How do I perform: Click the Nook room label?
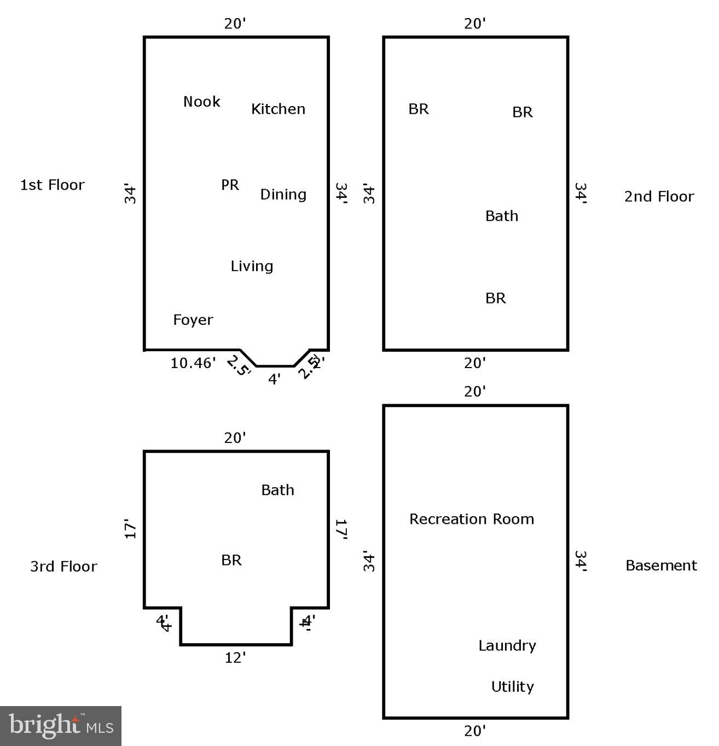(x=202, y=102)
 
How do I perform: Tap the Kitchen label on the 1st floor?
(x=278, y=109)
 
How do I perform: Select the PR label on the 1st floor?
(x=230, y=185)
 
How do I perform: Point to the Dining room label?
(x=283, y=195)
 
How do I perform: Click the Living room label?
(x=252, y=266)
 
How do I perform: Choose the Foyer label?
(x=193, y=320)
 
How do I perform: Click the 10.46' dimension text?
(x=193, y=363)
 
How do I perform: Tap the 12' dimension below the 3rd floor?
(x=235, y=658)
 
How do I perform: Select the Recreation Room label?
(x=472, y=519)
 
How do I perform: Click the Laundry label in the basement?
(x=507, y=646)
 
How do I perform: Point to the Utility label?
(x=512, y=686)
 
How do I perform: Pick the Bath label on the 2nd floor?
(x=502, y=216)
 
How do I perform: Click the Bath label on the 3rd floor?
(x=277, y=490)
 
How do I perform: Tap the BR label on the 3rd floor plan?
(x=231, y=560)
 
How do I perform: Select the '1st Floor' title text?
(x=53, y=185)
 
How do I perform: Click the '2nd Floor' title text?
(x=659, y=196)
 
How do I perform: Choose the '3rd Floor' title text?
(x=63, y=566)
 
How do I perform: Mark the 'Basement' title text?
(x=661, y=566)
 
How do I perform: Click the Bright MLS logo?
(x=61, y=726)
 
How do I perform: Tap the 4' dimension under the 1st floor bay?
(x=275, y=378)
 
